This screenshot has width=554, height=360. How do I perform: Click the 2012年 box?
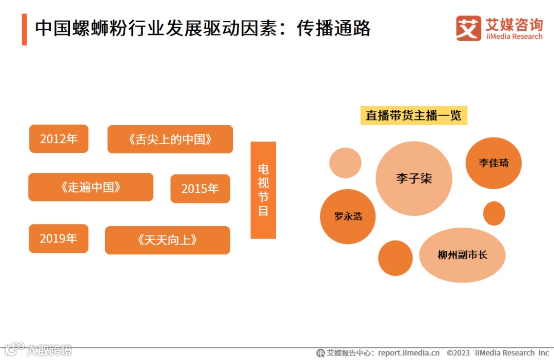[x=58, y=138]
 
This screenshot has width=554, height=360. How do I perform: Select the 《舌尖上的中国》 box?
[x=170, y=139]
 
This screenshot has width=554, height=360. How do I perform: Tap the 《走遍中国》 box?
[x=91, y=187]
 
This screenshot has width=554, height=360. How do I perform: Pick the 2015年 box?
[x=200, y=189]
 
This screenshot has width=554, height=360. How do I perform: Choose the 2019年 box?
[x=58, y=238]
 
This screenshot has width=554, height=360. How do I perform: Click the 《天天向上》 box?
[x=167, y=240]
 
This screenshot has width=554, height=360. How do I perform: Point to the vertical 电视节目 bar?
[x=263, y=190]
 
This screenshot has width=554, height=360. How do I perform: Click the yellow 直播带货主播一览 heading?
[x=413, y=115]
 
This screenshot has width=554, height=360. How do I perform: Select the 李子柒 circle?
[x=414, y=178]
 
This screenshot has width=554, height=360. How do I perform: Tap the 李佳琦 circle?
[x=493, y=163]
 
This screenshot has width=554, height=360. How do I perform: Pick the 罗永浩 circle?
[x=348, y=216]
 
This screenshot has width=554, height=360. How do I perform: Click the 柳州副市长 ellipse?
[x=462, y=255]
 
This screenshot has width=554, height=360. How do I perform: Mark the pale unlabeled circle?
[x=345, y=163]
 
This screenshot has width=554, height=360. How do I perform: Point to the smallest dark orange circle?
[x=494, y=213]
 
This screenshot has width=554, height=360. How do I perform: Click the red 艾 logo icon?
[x=468, y=28]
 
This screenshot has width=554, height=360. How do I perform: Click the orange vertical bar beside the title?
[x=24, y=29]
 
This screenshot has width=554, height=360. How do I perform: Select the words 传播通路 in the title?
[x=333, y=29]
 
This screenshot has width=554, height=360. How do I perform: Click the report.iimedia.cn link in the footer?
[x=409, y=353]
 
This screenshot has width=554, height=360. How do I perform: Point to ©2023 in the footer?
[x=458, y=353]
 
